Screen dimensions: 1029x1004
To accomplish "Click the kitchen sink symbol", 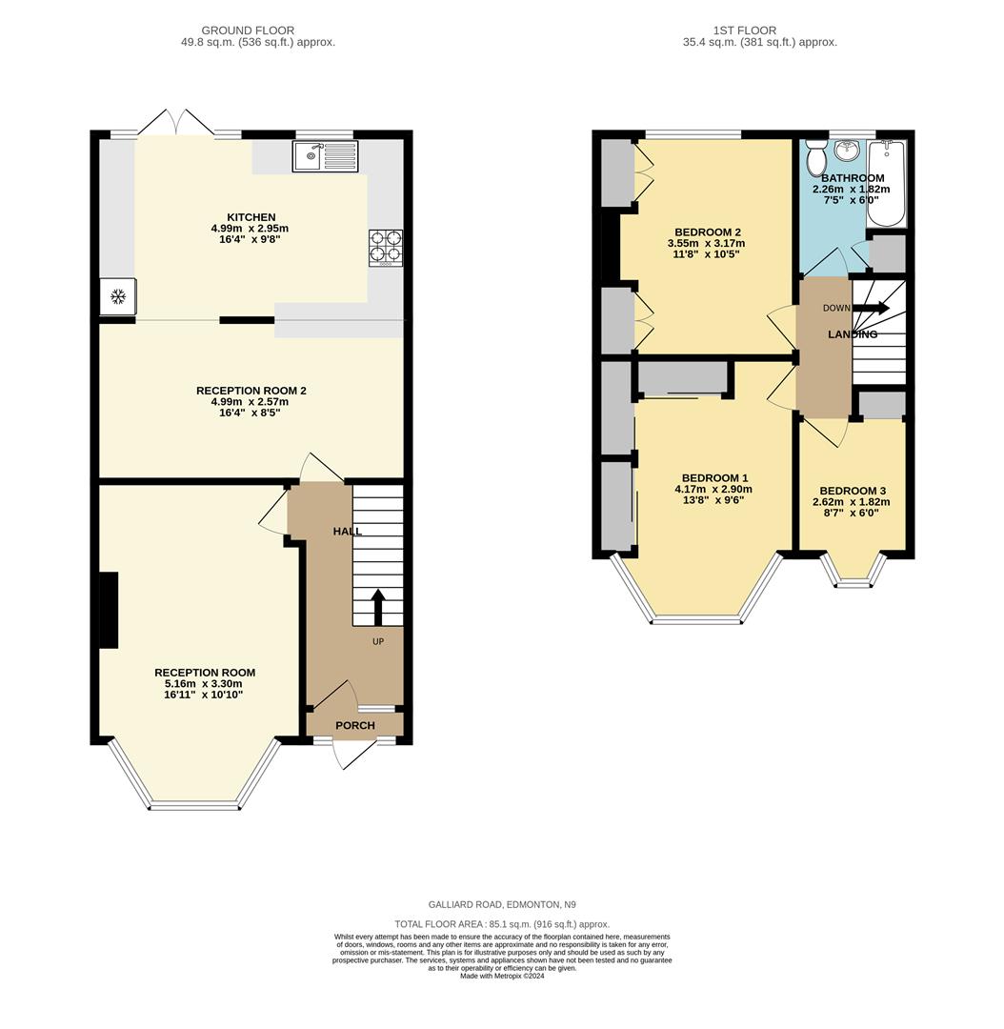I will click(x=325, y=156).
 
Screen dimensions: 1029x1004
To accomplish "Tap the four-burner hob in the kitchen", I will click(x=385, y=246).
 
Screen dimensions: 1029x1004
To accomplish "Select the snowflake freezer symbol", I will click(x=118, y=296).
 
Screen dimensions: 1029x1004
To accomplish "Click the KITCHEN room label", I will click(x=251, y=217).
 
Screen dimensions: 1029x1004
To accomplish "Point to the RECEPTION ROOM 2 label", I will click(x=251, y=391).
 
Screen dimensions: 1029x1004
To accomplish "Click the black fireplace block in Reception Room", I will click(x=109, y=610).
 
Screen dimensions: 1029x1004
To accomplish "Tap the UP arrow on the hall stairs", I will click(x=377, y=607).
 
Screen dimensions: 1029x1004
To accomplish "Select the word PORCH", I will click(x=354, y=726).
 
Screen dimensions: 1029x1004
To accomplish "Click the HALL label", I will click(x=347, y=531).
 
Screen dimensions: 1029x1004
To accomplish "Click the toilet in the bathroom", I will click(x=815, y=157).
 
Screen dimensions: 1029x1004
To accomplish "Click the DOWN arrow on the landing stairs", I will click(x=871, y=308).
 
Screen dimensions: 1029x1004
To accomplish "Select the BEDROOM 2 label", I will click(x=707, y=232).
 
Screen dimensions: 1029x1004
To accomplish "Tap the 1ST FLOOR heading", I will click(x=744, y=30).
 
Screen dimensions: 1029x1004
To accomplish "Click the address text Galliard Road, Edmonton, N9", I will click(x=501, y=904).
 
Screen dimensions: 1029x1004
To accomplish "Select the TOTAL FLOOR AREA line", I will click(x=501, y=924).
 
